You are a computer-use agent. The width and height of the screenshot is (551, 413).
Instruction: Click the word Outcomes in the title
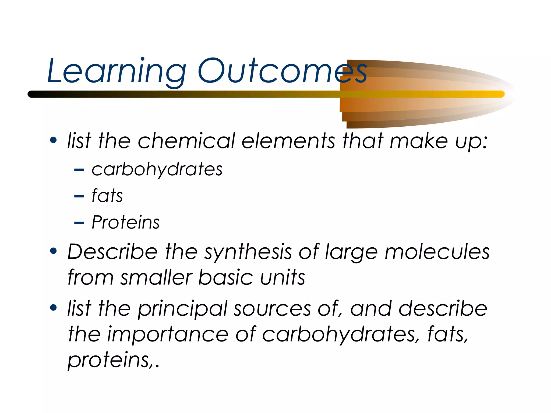pyautogui.click(x=282, y=71)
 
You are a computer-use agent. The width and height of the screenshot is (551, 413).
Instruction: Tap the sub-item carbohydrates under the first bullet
pyautogui.click(x=157, y=169)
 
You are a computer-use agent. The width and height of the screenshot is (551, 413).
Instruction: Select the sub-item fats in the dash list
pyautogui.click(x=107, y=195)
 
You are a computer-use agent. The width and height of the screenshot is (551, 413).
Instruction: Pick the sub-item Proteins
pyautogui.click(x=126, y=222)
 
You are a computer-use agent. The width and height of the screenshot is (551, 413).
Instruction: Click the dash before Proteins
pyautogui.click(x=79, y=223)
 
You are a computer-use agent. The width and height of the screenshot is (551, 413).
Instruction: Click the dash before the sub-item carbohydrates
pyautogui.click(x=79, y=170)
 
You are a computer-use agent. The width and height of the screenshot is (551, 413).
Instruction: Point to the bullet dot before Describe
pyautogui.click(x=54, y=251)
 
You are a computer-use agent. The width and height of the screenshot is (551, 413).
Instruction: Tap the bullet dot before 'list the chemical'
pyautogui.click(x=54, y=140)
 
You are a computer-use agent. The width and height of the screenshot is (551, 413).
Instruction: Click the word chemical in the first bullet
pyautogui.click(x=186, y=141)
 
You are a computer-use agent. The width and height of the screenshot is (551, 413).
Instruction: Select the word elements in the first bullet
pyautogui.click(x=288, y=141)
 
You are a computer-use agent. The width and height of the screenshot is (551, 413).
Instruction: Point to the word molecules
pyautogui.click(x=437, y=252)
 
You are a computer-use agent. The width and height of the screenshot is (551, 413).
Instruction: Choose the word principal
pyautogui.click(x=183, y=309)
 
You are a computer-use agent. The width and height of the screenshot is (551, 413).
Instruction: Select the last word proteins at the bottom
pyautogui.click(x=109, y=360)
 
